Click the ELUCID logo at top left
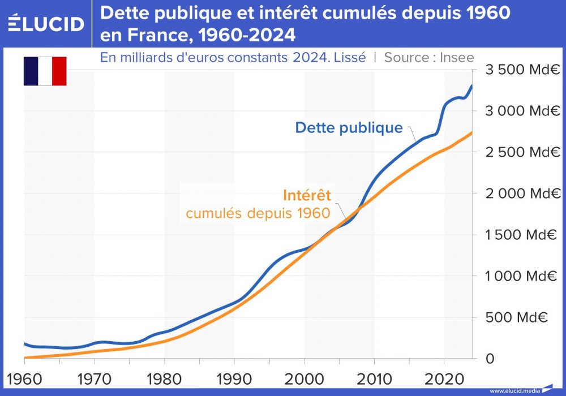[x=46, y=23]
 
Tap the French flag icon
[x=45, y=71]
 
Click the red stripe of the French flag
[x=59, y=71]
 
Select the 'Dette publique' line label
[x=349, y=128]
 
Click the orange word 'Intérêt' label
[x=306, y=196]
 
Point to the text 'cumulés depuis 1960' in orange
[x=258, y=213]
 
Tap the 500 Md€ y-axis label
[x=524, y=317]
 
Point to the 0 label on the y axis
[x=490, y=359]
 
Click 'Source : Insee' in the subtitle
[x=428, y=58]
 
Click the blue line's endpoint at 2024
[x=472, y=85]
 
